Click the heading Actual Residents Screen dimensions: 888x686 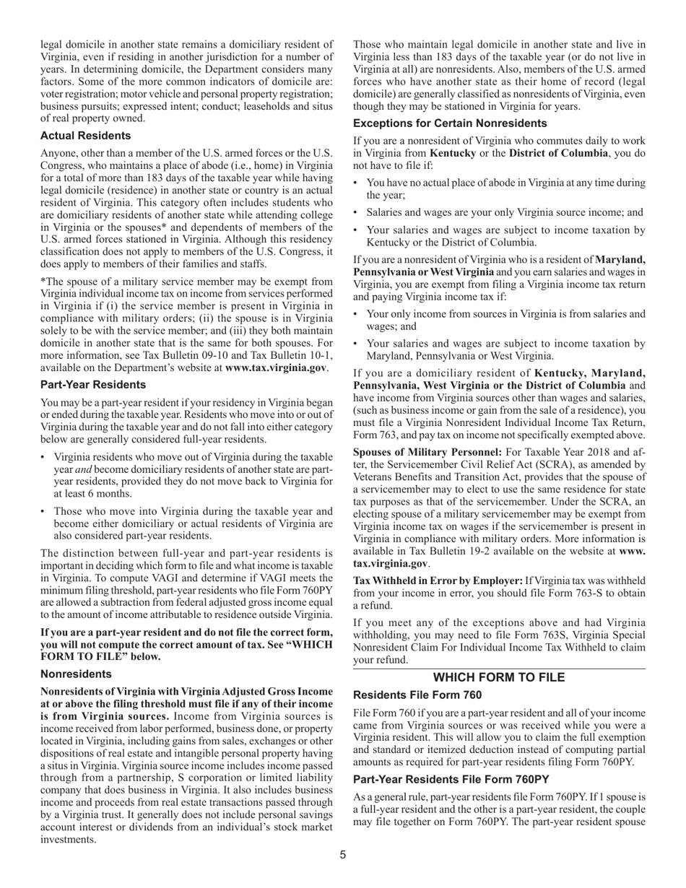[85, 136]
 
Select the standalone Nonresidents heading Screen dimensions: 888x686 [76, 674]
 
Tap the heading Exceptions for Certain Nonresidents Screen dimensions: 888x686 [450, 123]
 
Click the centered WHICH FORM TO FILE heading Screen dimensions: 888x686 [498, 677]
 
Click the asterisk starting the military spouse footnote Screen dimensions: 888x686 [43, 282]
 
